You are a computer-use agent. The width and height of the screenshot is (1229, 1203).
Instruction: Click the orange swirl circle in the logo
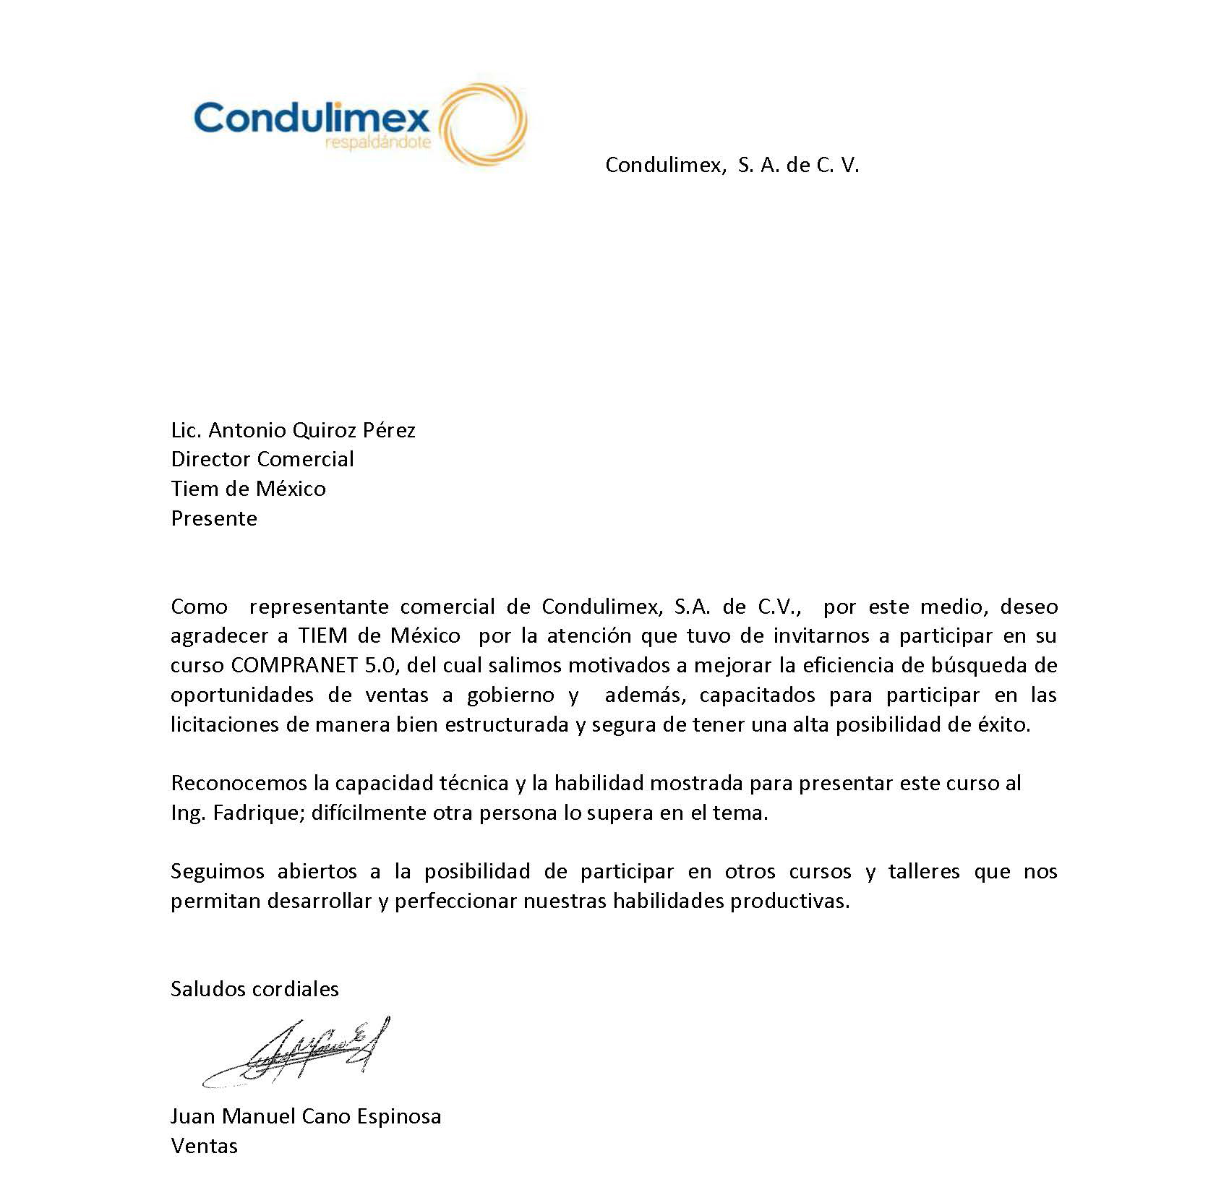pos(483,124)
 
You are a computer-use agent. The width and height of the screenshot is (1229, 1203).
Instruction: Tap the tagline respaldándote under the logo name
pos(377,142)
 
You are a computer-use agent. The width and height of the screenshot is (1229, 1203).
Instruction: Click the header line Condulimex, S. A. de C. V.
pos(732,166)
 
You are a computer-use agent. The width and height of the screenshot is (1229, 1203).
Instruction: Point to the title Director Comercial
pos(262,459)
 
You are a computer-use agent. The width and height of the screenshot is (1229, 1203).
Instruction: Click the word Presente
pos(214,518)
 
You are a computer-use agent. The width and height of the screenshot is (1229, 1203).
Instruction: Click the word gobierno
pos(510,695)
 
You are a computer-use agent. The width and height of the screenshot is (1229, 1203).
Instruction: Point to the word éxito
pos(1004,724)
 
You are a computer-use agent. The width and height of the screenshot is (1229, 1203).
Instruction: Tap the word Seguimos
pos(217,871)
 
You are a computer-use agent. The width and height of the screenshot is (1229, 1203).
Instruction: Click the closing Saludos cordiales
pos(254,989)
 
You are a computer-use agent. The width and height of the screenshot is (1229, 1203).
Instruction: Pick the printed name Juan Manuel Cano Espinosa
pos(306,1116)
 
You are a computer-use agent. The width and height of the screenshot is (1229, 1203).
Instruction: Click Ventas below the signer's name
pos(204,1146)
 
